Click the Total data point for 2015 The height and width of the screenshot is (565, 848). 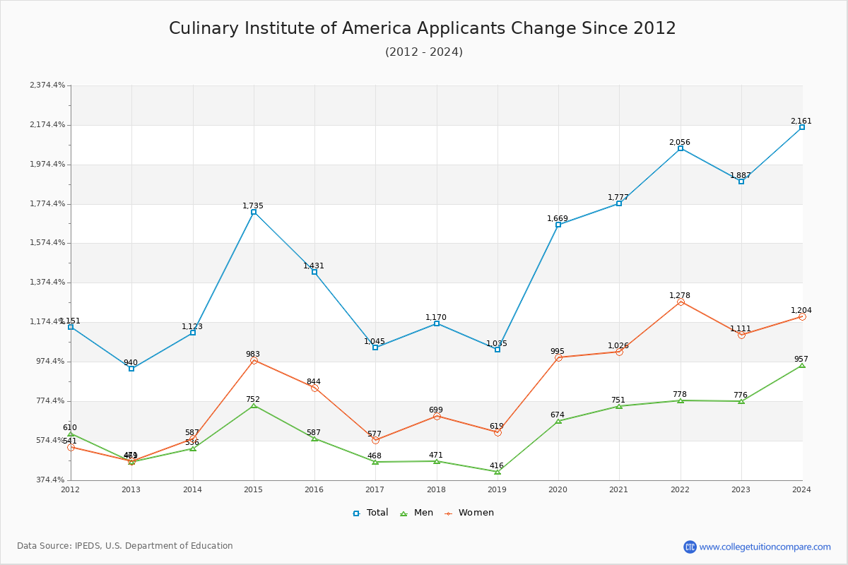coord(254,212)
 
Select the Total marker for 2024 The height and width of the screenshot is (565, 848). coord(802,127)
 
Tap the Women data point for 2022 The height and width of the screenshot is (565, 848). coord(681,302)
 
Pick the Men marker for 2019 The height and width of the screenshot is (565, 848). coord(497,472)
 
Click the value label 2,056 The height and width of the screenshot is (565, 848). coord(680,142)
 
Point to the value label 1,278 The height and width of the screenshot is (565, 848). coord(680,295)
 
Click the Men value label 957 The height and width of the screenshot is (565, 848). coord(801,359)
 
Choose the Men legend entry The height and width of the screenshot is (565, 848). coord(417,513)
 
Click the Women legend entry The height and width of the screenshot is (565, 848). coord(469,513)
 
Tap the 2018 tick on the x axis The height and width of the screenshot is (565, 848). coord(436,489)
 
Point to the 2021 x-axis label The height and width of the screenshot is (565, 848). coord(619,489)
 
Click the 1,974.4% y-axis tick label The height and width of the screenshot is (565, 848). coord(47,164)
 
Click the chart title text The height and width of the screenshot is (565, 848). coord(423,28)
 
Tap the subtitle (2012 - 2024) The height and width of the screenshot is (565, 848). coord(424,52)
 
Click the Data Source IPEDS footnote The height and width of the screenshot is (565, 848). coord(125,546)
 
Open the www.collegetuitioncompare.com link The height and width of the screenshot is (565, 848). coord(765,547)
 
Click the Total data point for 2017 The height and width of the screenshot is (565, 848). coord(375,347)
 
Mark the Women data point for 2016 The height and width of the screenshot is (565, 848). coord(314,388)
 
